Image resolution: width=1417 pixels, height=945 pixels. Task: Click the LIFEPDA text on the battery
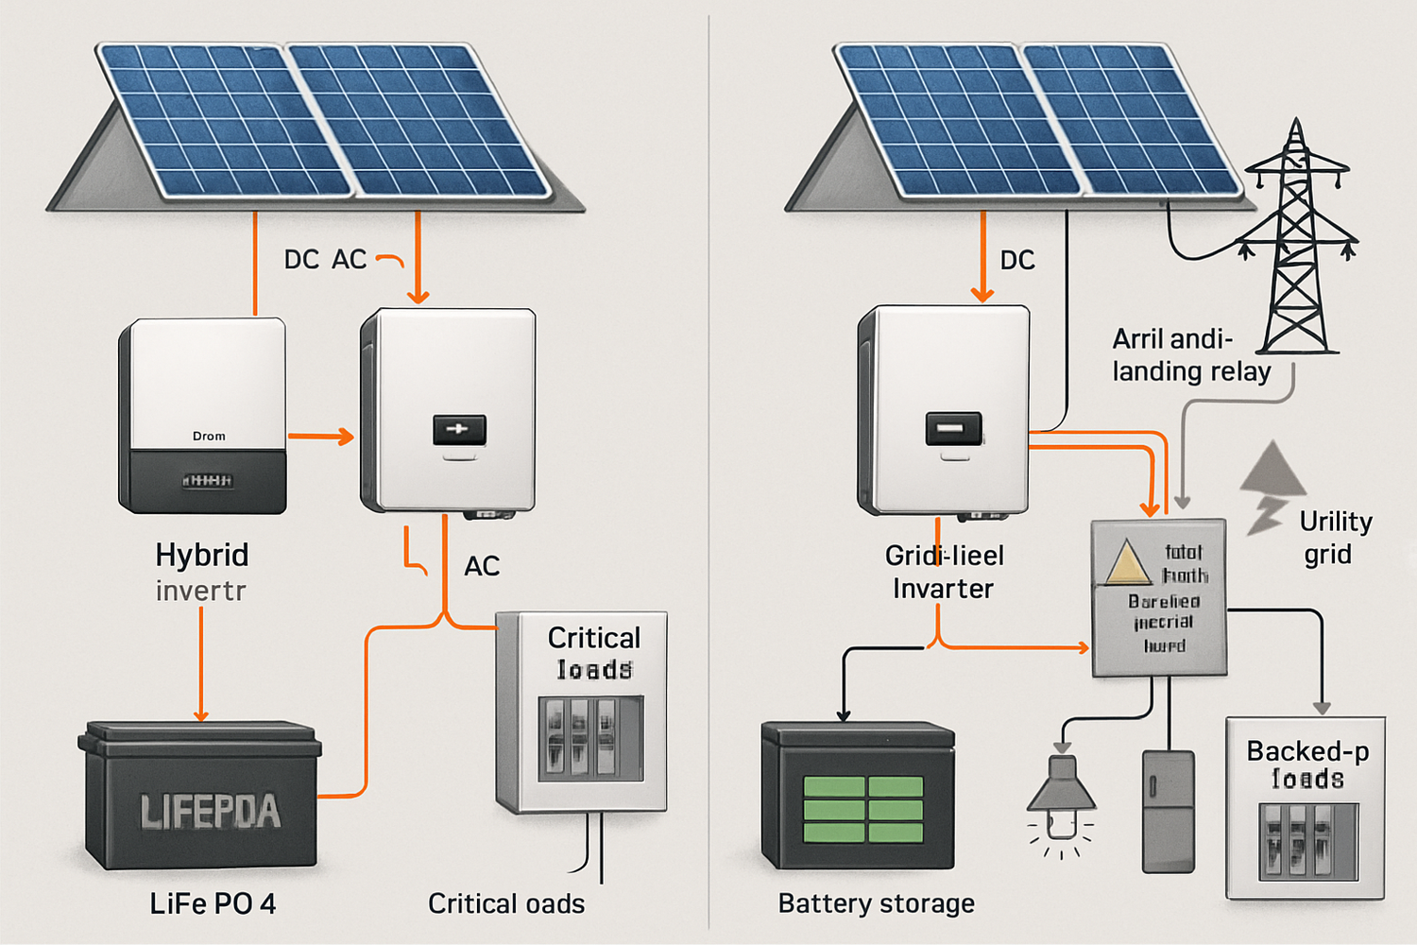click(x=210, y=812)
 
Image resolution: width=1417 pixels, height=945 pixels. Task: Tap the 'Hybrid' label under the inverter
click(x=202, y=555)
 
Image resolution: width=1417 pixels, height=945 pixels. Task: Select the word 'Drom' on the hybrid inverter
click(x=209, y=436)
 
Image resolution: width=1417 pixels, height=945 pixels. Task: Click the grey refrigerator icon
click(x=1169, y=811)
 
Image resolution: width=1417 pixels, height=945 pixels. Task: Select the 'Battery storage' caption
click(x=876, y=903)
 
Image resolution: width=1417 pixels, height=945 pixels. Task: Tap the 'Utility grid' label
click(x=1334, y=537)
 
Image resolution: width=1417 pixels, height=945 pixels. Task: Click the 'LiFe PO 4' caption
click(x=213, y=903)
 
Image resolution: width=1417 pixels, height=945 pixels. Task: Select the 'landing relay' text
click(x=1190, y=371)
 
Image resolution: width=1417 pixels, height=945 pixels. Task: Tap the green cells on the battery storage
click(x=862, y=810)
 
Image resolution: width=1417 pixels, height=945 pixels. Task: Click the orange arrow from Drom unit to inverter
click(x=320, y=437)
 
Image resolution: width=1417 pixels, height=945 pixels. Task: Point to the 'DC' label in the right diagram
click(x=1017, y=260)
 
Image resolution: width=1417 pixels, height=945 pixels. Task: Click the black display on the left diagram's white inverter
click(x=459, y=429)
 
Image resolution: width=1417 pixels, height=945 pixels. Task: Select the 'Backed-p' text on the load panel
click(x=1306, y=751)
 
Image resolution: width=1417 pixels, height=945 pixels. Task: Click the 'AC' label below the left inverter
click(x=482, y=566)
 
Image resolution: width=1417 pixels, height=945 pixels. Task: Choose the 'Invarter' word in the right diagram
click(x=943, y=589)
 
